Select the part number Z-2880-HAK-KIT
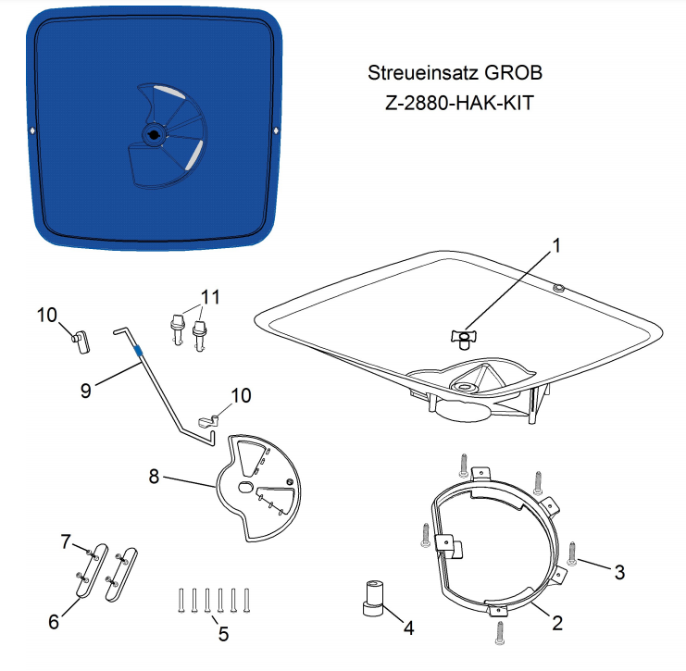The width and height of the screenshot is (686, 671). [459, 104]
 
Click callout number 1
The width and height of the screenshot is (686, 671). [556, 245]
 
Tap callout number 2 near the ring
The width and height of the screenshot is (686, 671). [557, 623]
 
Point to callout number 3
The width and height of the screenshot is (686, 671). [619, 572]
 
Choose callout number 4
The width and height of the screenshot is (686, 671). [408, 628]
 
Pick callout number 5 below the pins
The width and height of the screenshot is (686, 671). [223, 634]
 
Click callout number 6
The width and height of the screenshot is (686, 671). [54, 622]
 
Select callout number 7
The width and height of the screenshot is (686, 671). [66, 541]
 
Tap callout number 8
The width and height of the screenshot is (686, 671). [154, 477]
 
